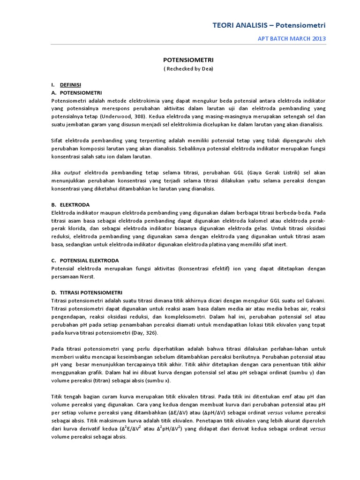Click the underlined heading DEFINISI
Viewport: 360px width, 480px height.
[x=70, y=85]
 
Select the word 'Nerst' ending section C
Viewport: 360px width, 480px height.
[x=88, y=277]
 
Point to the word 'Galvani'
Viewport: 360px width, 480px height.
[x=314, y=300]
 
